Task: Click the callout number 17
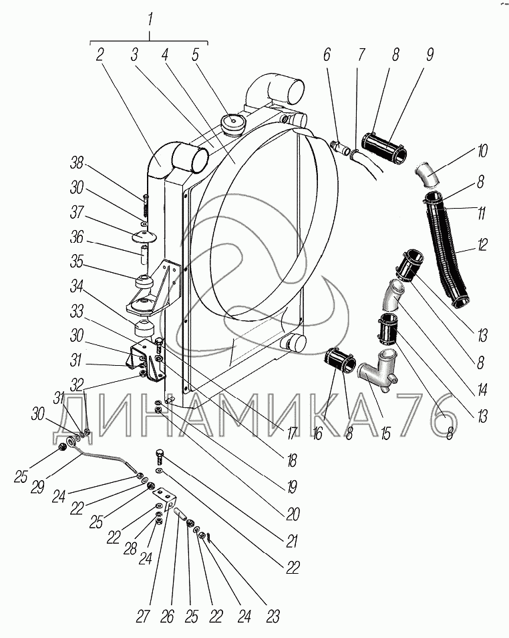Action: (x=291, y=433)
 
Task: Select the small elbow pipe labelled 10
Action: (x=426, y=176)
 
